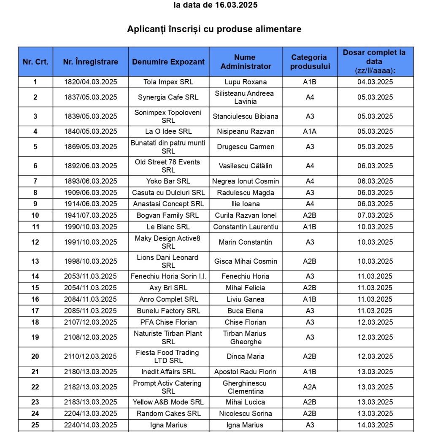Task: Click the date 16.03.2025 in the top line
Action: tap(236, 5)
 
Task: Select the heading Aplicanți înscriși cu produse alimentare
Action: tap(214, 29)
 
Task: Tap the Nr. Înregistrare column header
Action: tap(90, 62)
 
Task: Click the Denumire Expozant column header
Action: tap(168, 62)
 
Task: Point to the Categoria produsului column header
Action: tap(309, 62)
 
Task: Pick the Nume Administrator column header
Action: tap(246, 62)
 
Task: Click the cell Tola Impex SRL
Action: tap(168, 82)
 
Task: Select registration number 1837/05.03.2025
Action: tap(90, 97)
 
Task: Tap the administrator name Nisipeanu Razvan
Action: tap(246, 131)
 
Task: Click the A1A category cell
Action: tap(309, 131)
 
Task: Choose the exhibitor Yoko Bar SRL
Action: tap(168, 181)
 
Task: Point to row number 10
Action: tap(35, 215)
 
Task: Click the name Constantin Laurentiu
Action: tap(246, 227)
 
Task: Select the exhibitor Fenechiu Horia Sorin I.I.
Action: tap(168, 276)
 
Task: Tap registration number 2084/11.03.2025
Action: tap(90, 299)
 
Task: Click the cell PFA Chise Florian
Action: tap(168, 322)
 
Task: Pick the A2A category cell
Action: tap(309, 387)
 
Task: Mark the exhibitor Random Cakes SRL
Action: tap(168, 413)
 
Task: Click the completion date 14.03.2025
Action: tap(375, 425)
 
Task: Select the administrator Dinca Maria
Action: tap(246, 356)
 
